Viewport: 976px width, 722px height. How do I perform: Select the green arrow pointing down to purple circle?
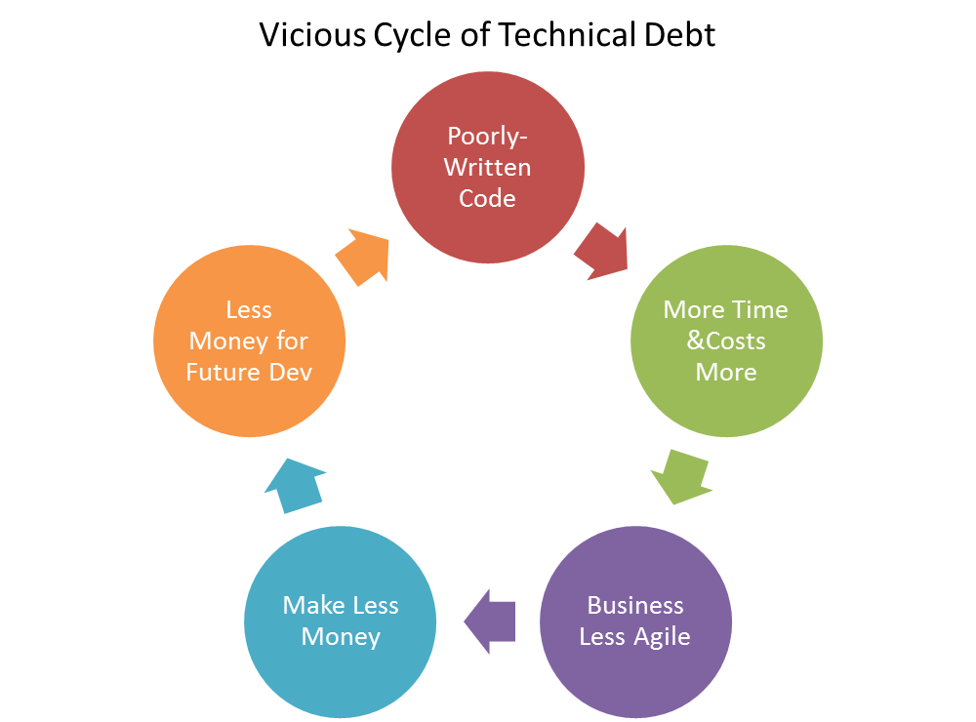click(x=681, y=474)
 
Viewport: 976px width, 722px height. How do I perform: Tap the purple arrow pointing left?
click(x=489, y=621)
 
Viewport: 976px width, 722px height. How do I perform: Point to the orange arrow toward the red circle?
click(x=363, y=256)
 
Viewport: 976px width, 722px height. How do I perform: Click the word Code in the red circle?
click(x=487, y=198)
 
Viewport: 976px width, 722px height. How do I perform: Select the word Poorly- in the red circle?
click(x=487, y=136)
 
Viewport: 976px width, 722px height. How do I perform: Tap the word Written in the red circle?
click(x=487, y=167)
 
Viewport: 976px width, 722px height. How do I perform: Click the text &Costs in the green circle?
click(x=726, y=341)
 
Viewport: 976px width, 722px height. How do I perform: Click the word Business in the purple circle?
click(x=635, y=605)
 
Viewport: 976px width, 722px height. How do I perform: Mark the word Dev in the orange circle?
click(x=291, y=373)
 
